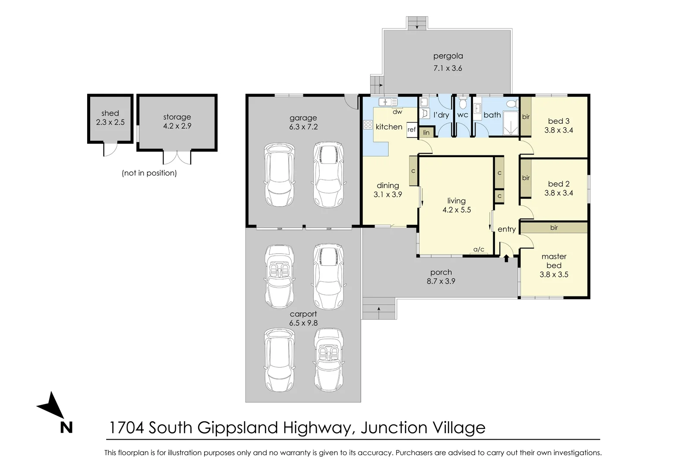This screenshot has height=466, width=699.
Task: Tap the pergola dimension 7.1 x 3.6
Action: (447, 68)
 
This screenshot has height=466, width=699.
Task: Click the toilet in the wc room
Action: (463, 104)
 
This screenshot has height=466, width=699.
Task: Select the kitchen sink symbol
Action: (387, 102)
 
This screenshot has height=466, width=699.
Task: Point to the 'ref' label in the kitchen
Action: (412, 129)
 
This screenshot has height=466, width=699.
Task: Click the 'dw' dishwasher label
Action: (397, 112)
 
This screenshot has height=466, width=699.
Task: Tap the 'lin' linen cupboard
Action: (426, 132)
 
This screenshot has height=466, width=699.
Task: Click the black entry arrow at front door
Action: (507, 258)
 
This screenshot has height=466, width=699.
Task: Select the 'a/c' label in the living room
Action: (479, 249)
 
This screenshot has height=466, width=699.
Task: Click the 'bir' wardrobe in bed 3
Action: (526, 116)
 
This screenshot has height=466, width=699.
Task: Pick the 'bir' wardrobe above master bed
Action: (554, 227)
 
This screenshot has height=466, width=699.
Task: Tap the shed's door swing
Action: (110, 149)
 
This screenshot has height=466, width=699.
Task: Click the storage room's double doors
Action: (177, 157)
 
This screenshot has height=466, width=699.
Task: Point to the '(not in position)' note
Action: (149, 173)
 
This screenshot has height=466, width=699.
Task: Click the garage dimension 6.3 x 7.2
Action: (303, 127)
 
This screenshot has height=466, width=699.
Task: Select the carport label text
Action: (303, 314)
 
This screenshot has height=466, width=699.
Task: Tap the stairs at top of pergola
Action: (417, 23)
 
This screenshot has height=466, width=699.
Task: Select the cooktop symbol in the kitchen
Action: (368, 125)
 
